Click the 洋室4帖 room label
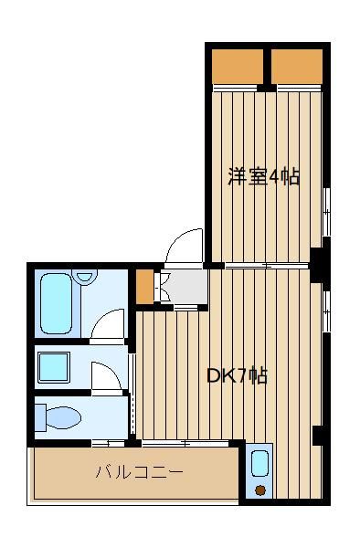pyautogui.click(x=264, y=176)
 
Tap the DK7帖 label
pyautogui.click(x=238, y=376)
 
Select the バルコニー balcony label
pyautogui.click(x=140, y=473)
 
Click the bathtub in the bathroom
pyautogui.click(x=57, y=303)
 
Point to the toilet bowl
pyautogui.click(x=63, y=417)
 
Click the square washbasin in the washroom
pyautogui.click(x=54, y=367)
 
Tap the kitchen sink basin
pyautogui.click(x=259, y=463)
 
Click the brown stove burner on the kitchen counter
pyautogui.click(x=260, y=490)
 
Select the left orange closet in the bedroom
pyautogui.click(x=238, y=67)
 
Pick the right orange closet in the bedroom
pyautogui.click(x=297, y=67)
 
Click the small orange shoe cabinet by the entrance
pyautogui.click(x=144, y=287)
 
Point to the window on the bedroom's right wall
pyautogui.click(x=327, y=212)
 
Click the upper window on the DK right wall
pyautogui.click(x=327, y=311)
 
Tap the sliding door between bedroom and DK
pyautogui.click(x=267, y=266)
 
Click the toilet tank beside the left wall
pyautogui.click(x=40, y=417)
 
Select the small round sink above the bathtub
pyautogui.click(x=84, y=276)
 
